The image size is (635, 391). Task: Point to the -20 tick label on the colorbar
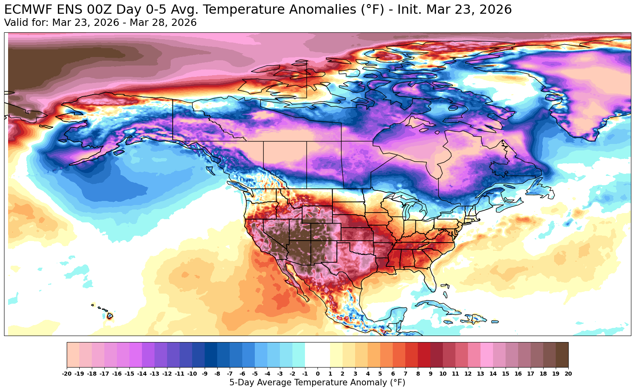point(67,374)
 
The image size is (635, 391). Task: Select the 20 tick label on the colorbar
point(568,374)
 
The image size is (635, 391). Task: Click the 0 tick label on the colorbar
point(317,374)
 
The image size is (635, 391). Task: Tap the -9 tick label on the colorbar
point(205,374)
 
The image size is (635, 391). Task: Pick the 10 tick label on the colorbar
point(443,374)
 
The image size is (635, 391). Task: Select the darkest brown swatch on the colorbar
point(562,355)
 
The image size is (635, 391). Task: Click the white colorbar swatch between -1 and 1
point(317,355)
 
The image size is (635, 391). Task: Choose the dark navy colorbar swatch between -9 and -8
point(211,355)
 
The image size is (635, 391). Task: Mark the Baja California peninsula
point(293,279)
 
